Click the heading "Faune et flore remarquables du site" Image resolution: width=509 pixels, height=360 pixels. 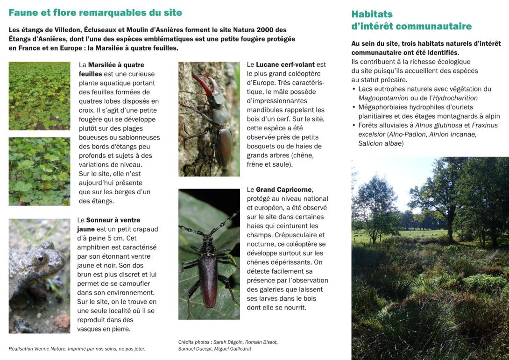click(x=95, y=13)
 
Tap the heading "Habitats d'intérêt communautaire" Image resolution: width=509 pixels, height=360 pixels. click(x=411, y=20)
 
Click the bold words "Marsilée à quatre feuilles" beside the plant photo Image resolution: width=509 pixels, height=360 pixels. click(x=111, y=69)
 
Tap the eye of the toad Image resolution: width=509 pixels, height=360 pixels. click(x=40, y=258)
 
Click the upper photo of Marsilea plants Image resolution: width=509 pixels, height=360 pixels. click(x=39, y=96)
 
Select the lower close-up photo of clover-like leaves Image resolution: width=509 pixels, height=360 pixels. click(x=39, y=171)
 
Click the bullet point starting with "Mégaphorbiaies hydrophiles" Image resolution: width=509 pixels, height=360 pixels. click(x=425, y=112)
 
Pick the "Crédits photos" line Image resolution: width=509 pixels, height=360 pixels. click(x=228, y=342)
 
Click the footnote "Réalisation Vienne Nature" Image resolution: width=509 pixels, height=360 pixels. click(x=77, y=348)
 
